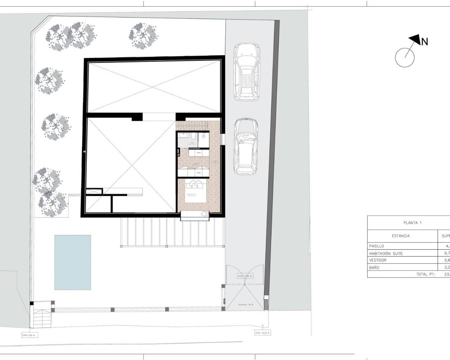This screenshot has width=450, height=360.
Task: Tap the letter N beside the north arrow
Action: point(425,42)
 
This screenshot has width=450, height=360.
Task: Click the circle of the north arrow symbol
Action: point(405,57)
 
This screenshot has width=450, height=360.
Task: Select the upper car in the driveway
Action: point(247,71)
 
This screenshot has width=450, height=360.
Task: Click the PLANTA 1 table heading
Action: point(413,223)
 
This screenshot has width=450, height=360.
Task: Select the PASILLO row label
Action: point(377,246)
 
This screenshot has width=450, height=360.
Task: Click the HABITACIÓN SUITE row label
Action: point(386,253)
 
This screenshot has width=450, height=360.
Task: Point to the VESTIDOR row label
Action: point(378,261)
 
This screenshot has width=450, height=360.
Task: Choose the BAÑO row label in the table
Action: point(374,268)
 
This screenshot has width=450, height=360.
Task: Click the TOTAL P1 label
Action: point(426,274)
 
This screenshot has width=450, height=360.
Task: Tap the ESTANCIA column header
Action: point(400,236)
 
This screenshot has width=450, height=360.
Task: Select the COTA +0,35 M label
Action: point(262,333)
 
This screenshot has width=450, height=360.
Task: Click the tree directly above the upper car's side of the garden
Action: point(142,36)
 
